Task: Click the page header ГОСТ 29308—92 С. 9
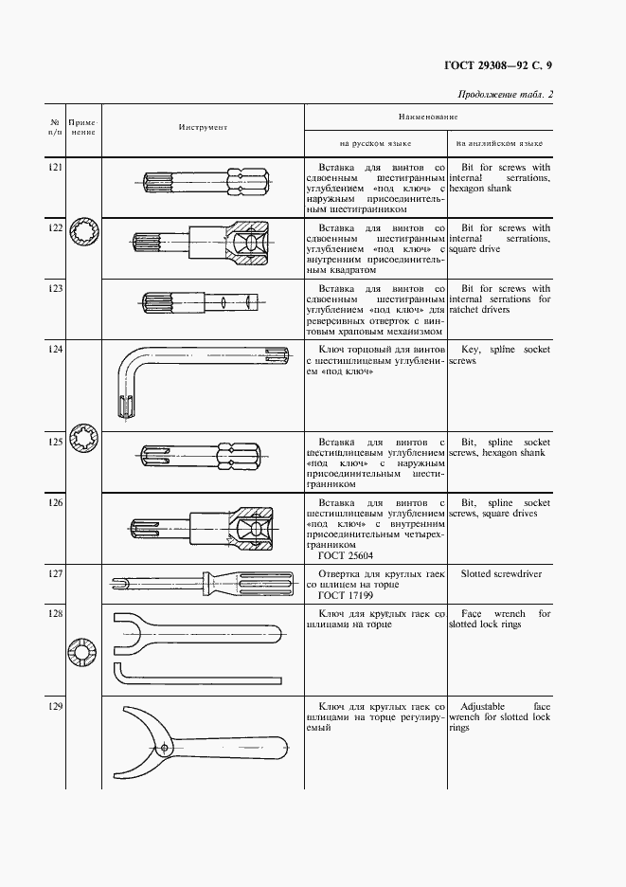(x=499, y=64)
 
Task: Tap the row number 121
(x=56, y=167)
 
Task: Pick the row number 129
(x=56, y=707)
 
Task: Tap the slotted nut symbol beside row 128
(x=82, y=653)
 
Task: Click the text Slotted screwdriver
(x=499, y=573)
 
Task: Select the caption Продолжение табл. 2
(x=505, y=94)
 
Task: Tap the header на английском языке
(x=500, y=144)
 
